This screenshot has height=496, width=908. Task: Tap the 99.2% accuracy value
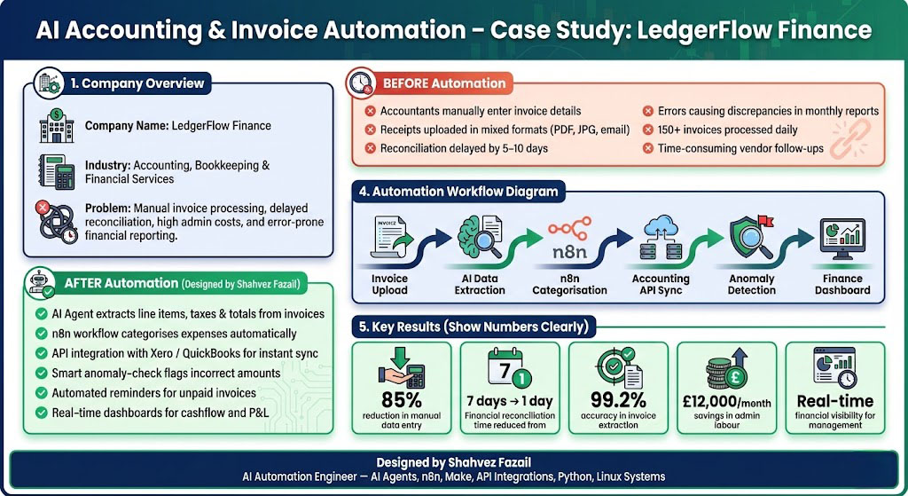pyautogui.click(x=618, y=400)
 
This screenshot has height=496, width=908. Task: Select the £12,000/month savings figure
pyautogui.click(x=726, y=401)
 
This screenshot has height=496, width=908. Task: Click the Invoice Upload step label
pyautogui.click(x=389, y=284)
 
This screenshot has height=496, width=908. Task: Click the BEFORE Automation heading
pyautogui.click(x=443, y=83)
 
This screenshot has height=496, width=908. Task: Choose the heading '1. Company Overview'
pyautogui.click(x=137, y=83)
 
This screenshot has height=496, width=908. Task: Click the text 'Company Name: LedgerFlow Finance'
pyautogui.click(x=177, y=126)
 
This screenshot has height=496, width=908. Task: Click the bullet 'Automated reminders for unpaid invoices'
pyautogui.click(x=154, y=393)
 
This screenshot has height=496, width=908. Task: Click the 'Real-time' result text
pyautogui.click(x=834, y=401)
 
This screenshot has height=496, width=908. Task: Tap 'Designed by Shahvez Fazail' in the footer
pyautogui.click(x=453, y=462)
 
